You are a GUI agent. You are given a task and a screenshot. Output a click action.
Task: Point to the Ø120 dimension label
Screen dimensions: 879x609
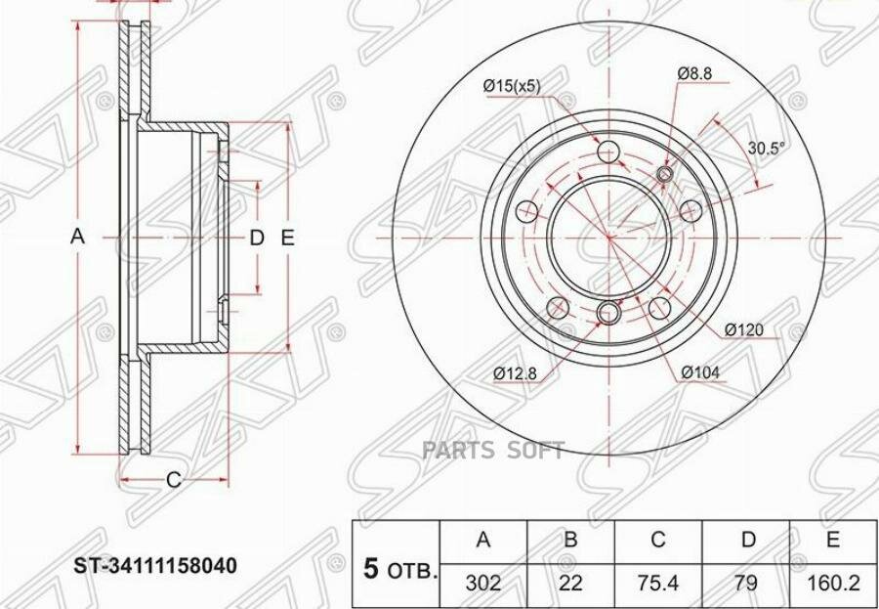coord(744,330)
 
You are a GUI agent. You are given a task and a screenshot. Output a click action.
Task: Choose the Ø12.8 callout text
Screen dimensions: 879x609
coord(516,373)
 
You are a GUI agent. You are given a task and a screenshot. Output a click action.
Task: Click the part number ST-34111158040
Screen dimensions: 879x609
coord(156,565)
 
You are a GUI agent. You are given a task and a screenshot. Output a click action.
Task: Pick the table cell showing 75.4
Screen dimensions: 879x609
coord(658,584)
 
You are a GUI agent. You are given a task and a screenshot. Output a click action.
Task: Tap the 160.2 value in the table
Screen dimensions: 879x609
coord(833,584)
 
